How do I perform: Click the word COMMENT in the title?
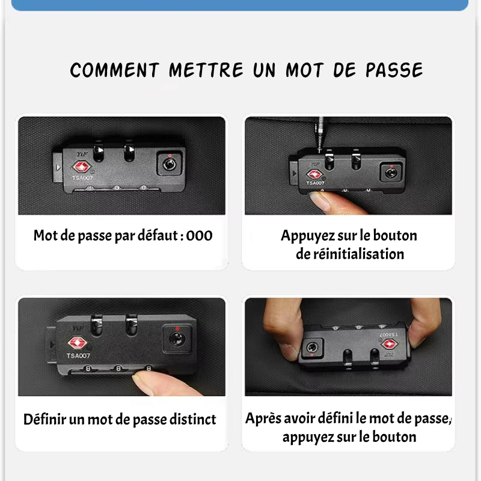tap(114, 70)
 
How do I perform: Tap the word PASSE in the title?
tap(394, 70)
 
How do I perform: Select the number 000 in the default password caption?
tap(200, 236)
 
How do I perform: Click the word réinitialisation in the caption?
tap(350, 254)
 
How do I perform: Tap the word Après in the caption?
tap(263, 418)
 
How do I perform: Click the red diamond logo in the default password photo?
tap(81, 167)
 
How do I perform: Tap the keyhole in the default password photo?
tap(170, 164)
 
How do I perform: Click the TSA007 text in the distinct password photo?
tap(78, 356)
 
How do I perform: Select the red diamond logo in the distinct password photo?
tap(78, 343)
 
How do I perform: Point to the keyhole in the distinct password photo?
tap(177, 339)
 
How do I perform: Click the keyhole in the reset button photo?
tap(391, 173)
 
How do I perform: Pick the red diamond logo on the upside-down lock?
tap(390, 344)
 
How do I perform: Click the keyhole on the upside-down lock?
tap(312, 348)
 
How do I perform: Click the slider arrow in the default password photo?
tap(58, 168)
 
